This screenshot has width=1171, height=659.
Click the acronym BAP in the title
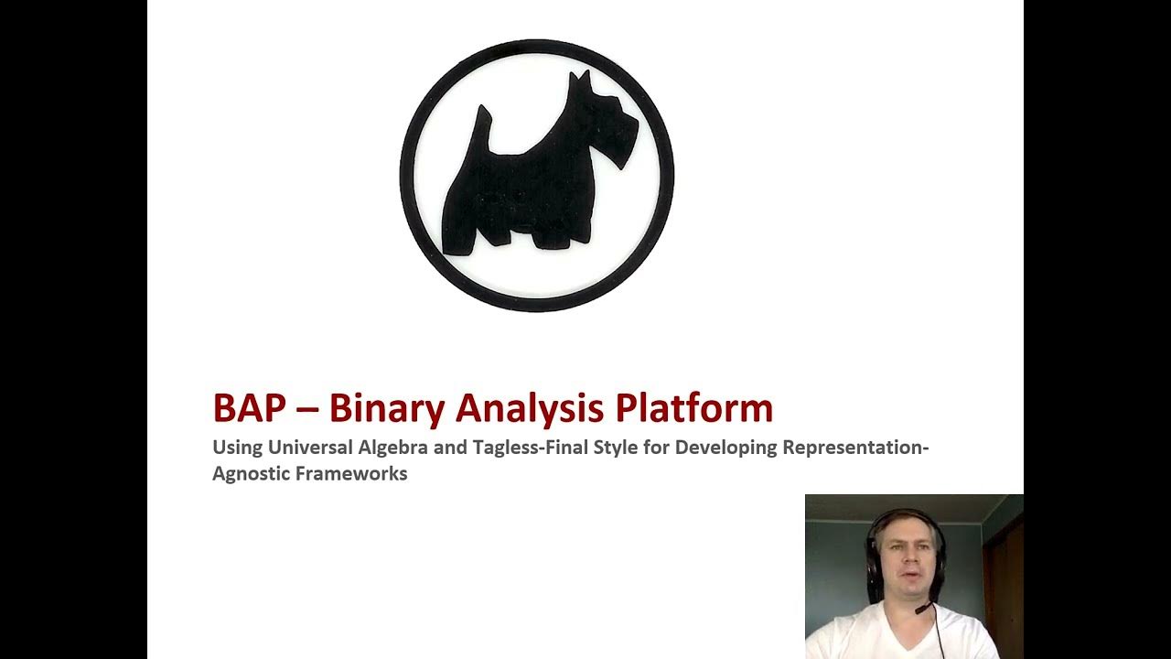point(249,408)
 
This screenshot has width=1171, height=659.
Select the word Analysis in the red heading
point(530,408)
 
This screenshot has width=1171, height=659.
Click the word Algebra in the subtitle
point(392,448)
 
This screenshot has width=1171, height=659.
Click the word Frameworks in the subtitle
point(358,474)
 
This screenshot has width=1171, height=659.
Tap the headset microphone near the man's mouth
point(922,607)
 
